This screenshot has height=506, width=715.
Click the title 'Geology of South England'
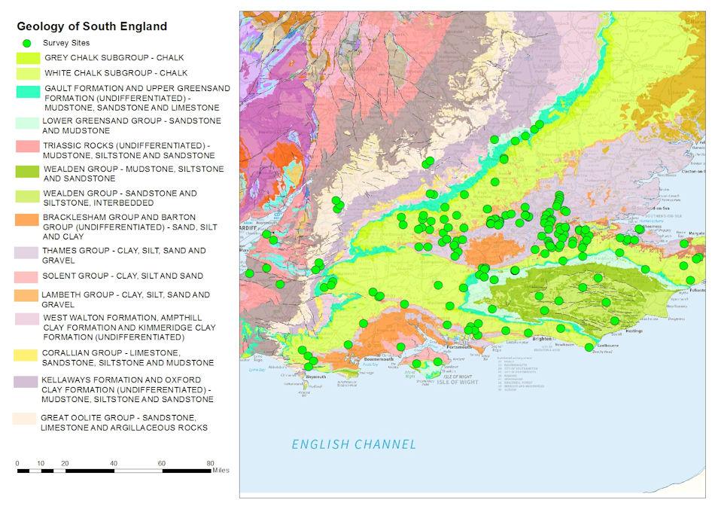coord(92,26)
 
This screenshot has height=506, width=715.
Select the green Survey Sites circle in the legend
coord(28,43)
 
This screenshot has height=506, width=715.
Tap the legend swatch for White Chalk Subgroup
coord(29,74)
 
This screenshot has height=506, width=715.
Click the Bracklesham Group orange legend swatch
coord(29,219)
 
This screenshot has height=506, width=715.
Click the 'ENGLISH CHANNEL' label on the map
coord(354,444)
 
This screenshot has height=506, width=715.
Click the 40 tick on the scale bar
coord(114,462)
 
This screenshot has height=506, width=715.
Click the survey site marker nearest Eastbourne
coord(589,347)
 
